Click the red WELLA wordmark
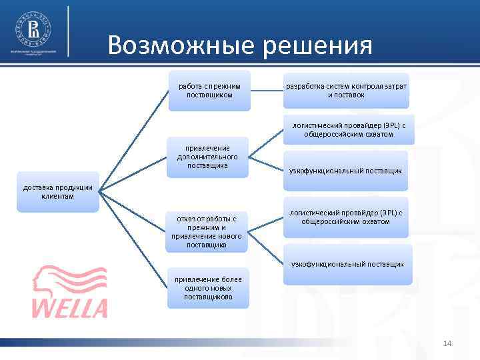point(70,307)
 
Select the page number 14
point(447,343)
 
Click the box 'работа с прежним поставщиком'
point(209,91)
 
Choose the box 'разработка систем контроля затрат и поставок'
point(346,91)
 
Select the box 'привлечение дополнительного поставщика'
point(208,156)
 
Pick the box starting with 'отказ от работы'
point(206,231)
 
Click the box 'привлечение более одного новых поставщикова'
point(208,287)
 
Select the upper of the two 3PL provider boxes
point(348,129)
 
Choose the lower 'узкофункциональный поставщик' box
point(347,264)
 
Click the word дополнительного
point(209,156)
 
